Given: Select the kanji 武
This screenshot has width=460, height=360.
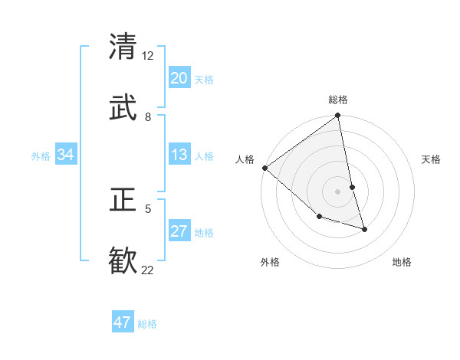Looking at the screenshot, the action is [x=123, y=108].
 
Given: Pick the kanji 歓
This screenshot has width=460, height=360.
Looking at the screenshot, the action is [x=123, y=261].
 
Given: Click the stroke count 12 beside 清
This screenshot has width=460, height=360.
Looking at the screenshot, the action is [x=147, y=56].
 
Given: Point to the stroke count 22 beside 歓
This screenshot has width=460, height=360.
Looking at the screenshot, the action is [x=147, y=270].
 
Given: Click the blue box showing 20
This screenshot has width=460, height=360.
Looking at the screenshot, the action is [x=179, y=78].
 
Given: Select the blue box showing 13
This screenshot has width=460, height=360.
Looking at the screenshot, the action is [x=179, y=155].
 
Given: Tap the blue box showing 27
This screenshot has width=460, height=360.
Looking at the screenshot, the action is [x=179, y=232].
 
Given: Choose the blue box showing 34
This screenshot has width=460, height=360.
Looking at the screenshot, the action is [x=66, y=155].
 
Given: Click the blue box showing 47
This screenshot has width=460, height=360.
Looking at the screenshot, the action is [x=123, y=322].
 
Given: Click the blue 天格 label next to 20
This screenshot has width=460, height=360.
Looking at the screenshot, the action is [x=204, y=80].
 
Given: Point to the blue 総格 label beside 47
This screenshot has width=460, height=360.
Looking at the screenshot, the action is [x=147, y=324].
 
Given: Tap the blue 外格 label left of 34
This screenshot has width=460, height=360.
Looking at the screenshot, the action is [x=41, y=156].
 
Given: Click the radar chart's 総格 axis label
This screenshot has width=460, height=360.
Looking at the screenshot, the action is [x=338, y=100].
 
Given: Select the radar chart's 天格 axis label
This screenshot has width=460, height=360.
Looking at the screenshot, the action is [x=432, y=159].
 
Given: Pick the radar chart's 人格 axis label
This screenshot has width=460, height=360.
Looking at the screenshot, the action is [x=245, y=159].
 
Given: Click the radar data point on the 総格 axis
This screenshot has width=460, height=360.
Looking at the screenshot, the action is [x=338, y=116].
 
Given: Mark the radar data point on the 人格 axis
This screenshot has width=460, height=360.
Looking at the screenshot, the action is [x=264, y=168].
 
